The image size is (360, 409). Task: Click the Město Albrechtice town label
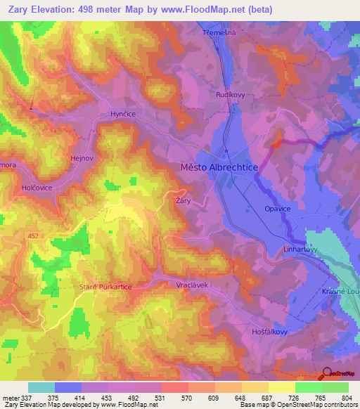(x=219, y=167)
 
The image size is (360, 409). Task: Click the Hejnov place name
(x=82, y=159)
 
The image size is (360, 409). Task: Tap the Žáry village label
(x=182, y=201)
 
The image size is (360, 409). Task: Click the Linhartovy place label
(x=300, y=249)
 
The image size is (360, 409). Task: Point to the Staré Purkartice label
(x=105, y=287)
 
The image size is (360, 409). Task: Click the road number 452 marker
(x=33, y=236)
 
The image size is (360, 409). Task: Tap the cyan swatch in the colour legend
(x=41, y=387)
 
